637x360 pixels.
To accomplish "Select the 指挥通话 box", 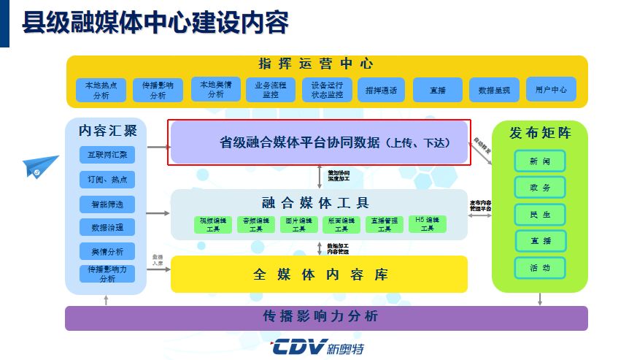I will (381, 91).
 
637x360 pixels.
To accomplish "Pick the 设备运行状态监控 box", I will (327, 90).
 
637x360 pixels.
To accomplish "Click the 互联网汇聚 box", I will (107, 156).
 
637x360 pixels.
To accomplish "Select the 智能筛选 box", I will (107, 204).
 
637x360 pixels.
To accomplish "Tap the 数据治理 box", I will (107, 227).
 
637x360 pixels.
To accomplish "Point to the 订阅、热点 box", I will (107, 180).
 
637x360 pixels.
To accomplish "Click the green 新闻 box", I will (540, 161).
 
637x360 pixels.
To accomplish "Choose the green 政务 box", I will (540, 188).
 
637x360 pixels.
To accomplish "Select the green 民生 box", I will (540, 214).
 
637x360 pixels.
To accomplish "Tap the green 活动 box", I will (540, 267).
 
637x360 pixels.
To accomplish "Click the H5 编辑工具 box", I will (427, 224).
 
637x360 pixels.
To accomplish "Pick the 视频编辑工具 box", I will (214, 224).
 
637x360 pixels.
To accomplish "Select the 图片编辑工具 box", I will (299, 224).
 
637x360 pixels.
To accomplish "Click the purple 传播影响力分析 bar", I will (325, 318).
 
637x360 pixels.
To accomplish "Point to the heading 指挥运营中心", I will (316, 64).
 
